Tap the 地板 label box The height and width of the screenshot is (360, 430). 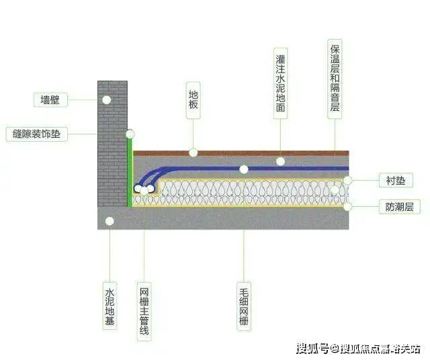(193, 101)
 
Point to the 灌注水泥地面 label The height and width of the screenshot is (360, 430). (280, 83)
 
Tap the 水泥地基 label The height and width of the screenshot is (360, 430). (110, 307)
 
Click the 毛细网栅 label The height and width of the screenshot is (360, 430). (243, 308)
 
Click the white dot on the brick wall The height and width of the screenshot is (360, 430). (106, 99)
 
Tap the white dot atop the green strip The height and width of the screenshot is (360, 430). (130, 134)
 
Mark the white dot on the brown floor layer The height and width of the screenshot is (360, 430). (193, 152)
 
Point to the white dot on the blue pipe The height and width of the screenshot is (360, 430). (280, 161)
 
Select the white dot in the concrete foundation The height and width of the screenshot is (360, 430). (110, 220)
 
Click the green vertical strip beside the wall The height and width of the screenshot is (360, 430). (130, 171)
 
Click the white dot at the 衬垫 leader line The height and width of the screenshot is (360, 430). (348, 180)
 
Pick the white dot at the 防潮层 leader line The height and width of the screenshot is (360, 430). (348, 207)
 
